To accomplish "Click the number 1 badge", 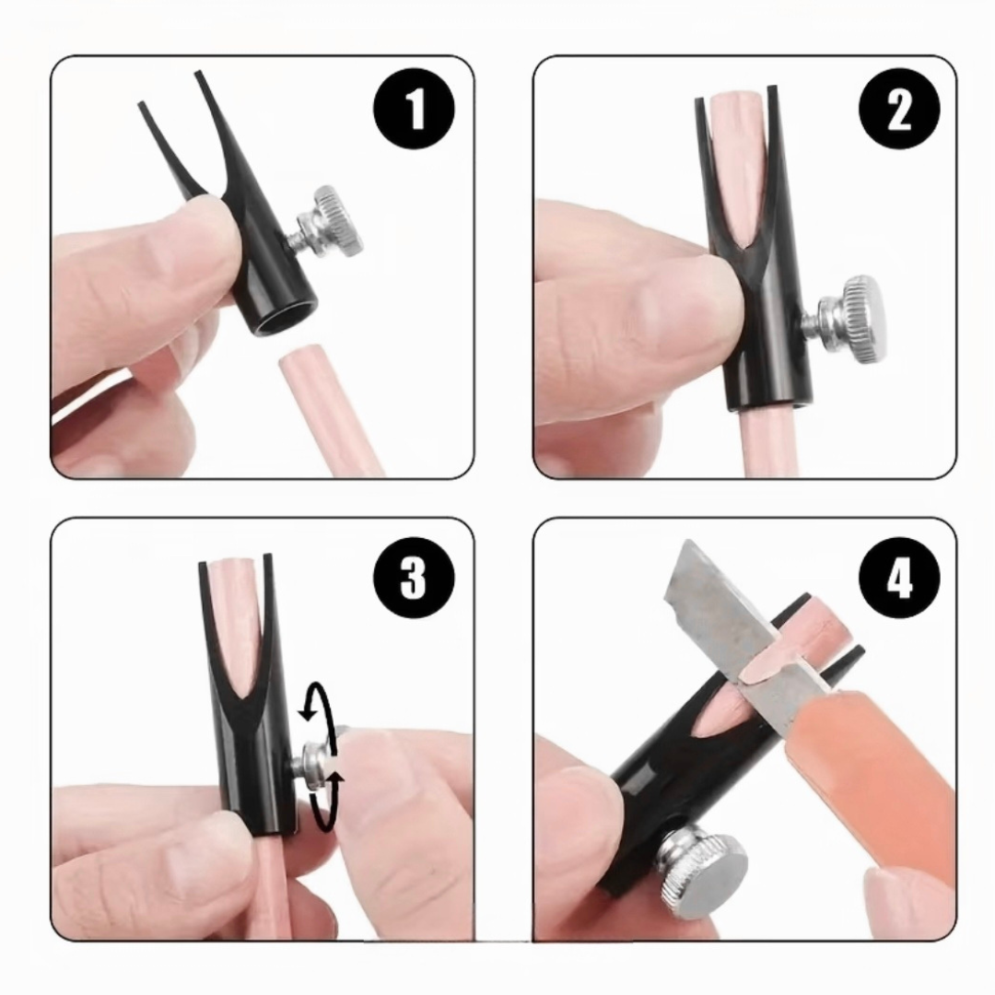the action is pyautogui.click(x=414, y=109).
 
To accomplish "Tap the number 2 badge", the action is pyautogui.click(x=899, y=109).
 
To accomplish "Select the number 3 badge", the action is pyautogui.click(x=414, y=578).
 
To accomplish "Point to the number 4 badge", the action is pyautogui.click(x=899, y=578).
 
